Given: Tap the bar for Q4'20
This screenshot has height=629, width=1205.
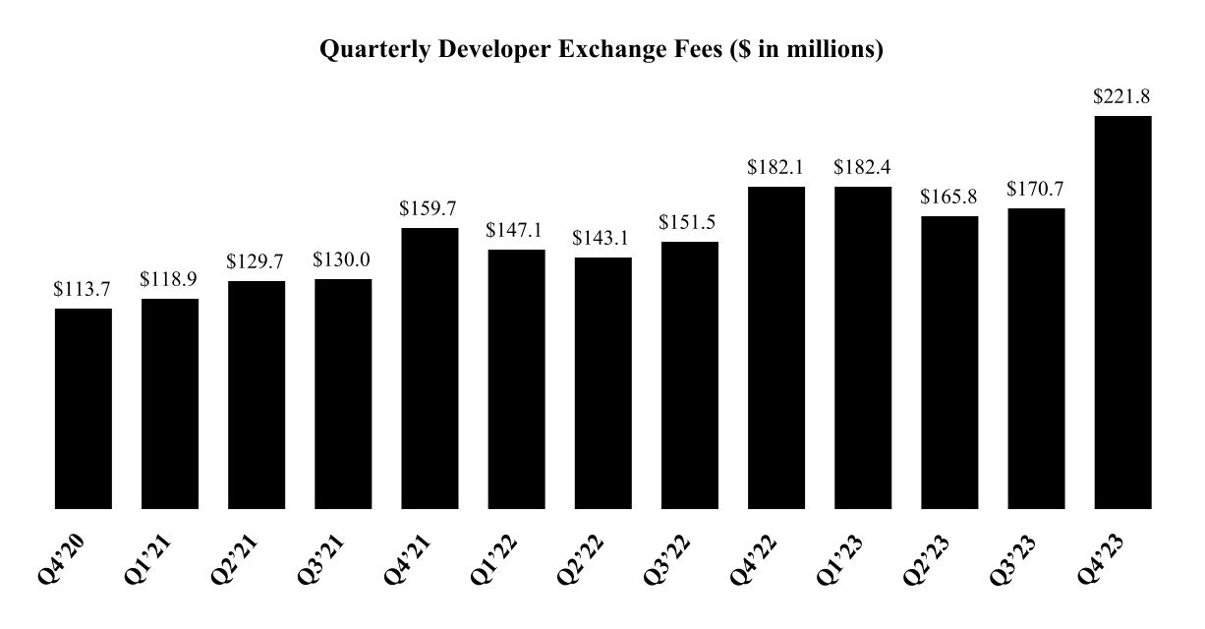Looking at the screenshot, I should point(84,409).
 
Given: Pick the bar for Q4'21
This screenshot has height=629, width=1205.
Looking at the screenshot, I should point(430,369).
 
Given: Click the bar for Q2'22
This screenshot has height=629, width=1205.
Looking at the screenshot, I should point(603,383).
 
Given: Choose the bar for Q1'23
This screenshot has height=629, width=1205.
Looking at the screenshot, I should point(863,348).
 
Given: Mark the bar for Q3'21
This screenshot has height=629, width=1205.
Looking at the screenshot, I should point(343,394).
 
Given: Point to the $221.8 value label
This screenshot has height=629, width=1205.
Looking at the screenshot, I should point(1122,96).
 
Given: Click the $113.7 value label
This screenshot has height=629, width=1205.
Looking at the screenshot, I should point(84,289).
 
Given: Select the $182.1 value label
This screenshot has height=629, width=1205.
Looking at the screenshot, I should point(776,167).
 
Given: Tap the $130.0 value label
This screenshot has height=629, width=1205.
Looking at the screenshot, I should point(343,259).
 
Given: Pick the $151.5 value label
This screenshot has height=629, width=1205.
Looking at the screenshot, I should point(690,222).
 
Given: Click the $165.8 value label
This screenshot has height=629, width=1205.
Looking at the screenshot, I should point(949,197).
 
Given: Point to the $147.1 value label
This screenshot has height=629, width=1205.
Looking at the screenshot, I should point(516,230).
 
